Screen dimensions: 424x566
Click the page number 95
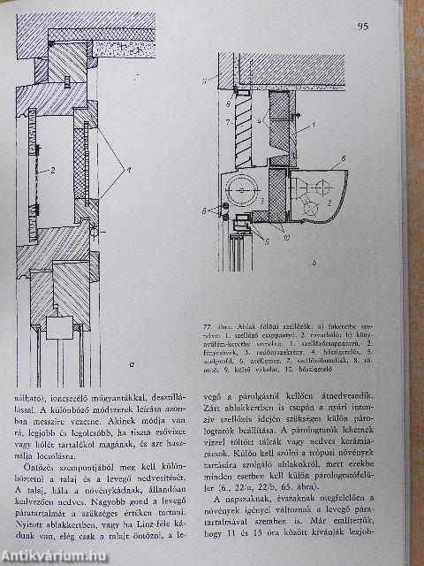pyautogui.click(x=363, y=27)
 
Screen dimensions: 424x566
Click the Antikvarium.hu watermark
pyautogui.click(x=54, y=555)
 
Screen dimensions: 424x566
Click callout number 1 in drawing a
pyautogui.click(x=128, y=169)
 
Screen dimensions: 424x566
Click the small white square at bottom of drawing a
pyautogui.click(x=60, y=329)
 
